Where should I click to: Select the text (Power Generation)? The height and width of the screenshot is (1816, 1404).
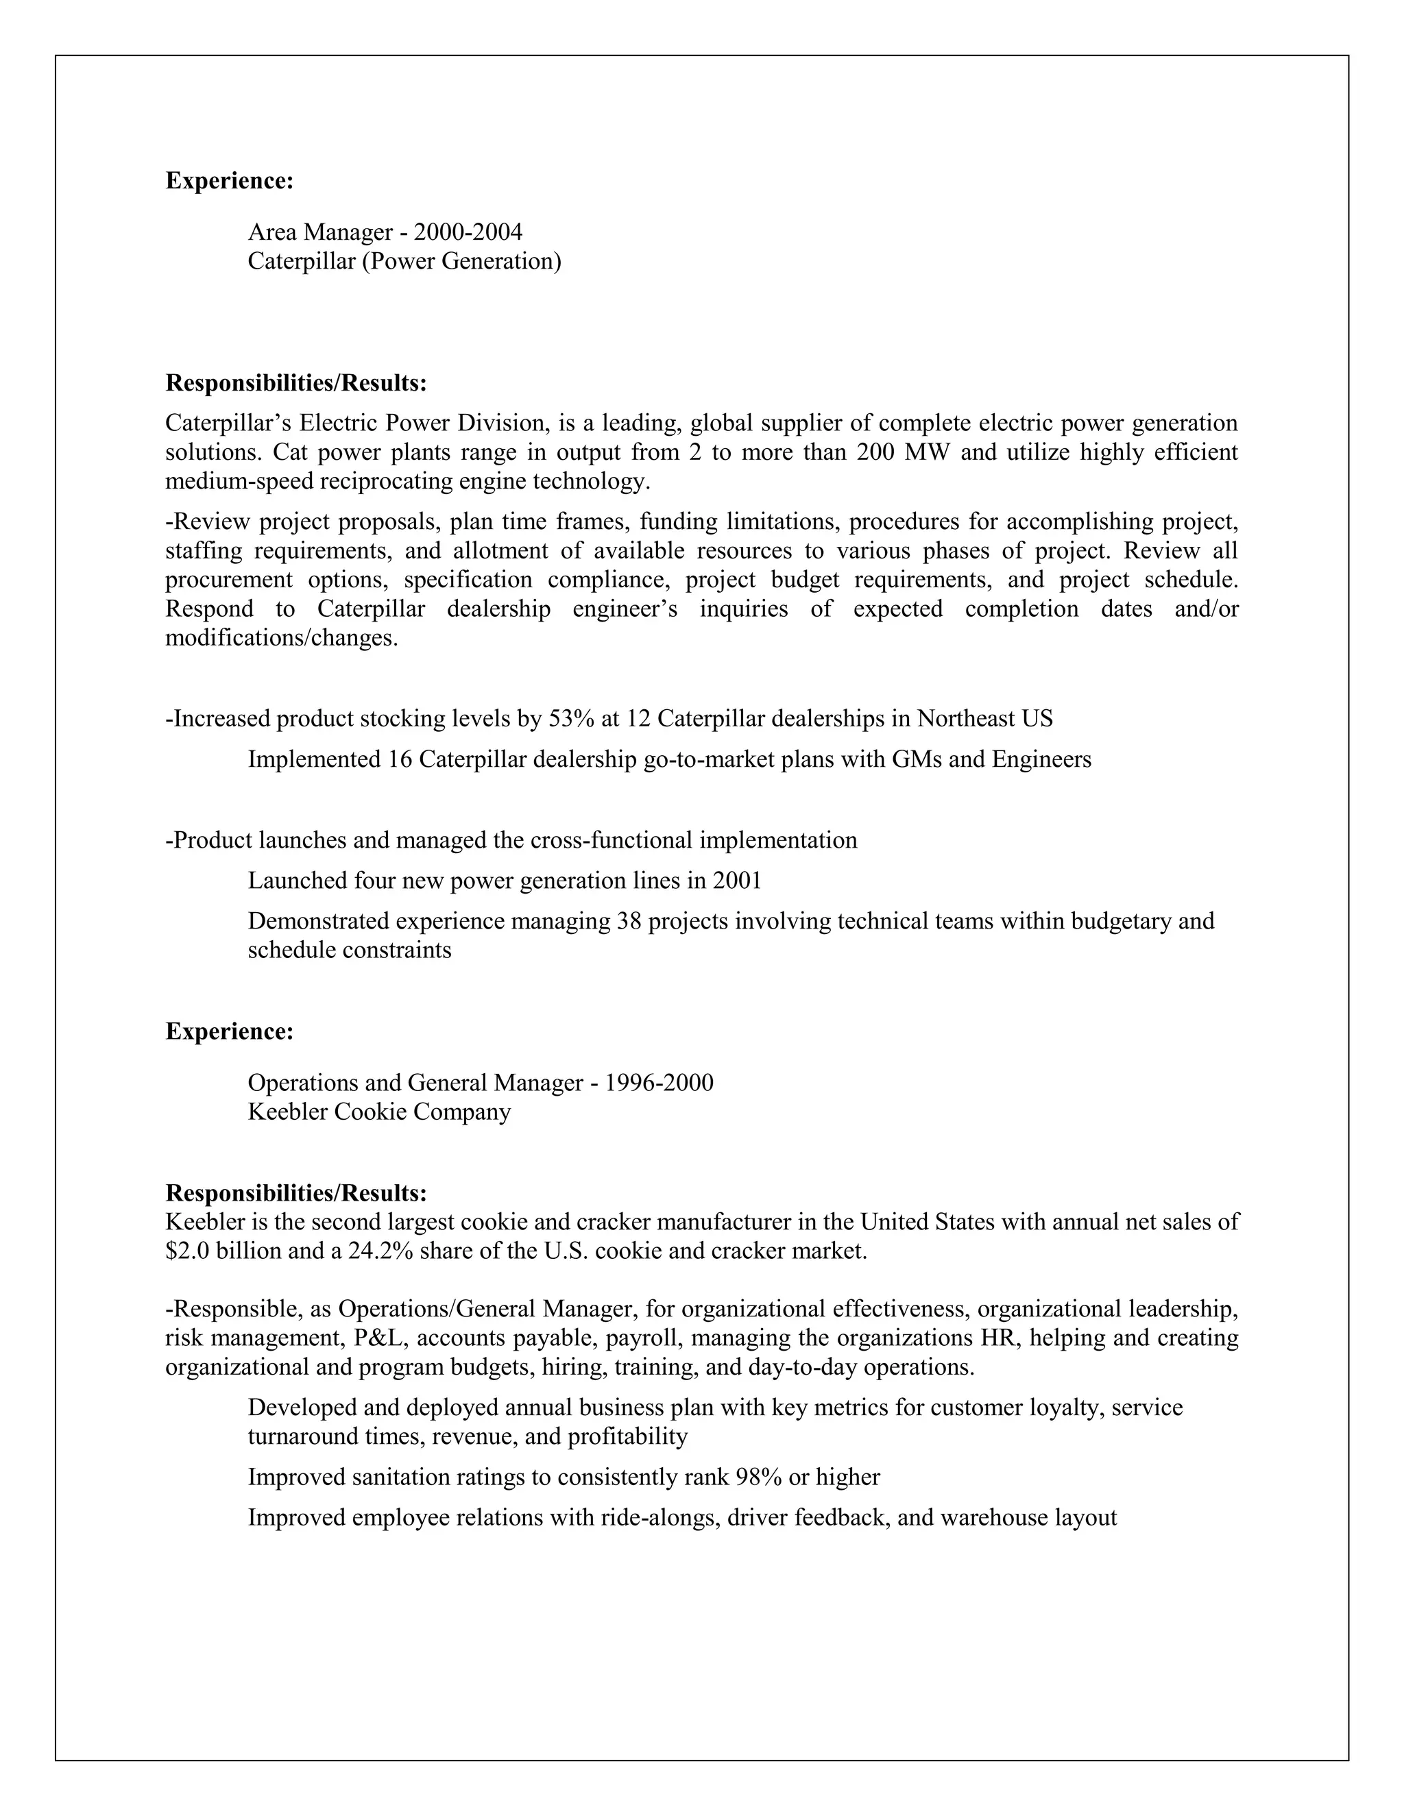point(461,261)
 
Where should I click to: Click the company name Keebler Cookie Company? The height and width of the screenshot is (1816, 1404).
point(378,1112)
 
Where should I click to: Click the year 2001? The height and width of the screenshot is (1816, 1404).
point(737,881)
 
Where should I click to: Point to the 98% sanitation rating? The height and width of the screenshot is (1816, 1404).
point(758,1477)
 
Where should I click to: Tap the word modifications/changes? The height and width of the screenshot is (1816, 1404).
point(281,639)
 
